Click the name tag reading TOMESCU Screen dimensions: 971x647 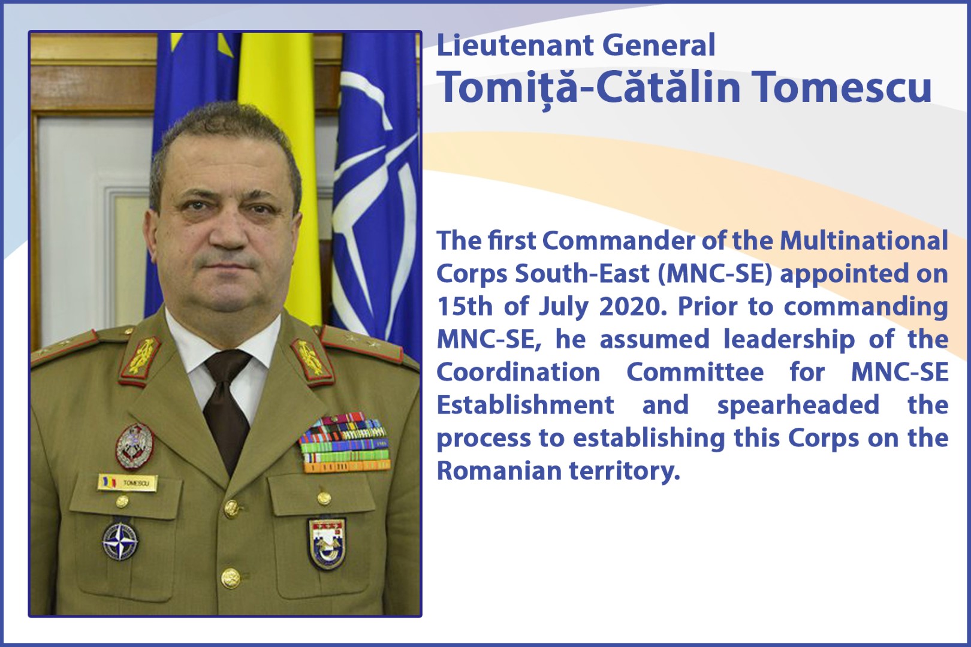128,483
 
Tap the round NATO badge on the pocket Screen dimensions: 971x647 120,541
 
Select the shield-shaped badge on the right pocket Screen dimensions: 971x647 327,543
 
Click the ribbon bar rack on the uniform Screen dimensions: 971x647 345,443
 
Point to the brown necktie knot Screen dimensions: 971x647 228,364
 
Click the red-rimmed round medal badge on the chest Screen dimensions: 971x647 135,446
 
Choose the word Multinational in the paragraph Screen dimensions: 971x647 864,241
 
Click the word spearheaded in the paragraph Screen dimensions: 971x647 798,405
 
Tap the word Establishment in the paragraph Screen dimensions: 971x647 526,405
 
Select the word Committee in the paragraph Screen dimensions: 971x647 695,372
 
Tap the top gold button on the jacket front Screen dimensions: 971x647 231,509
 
